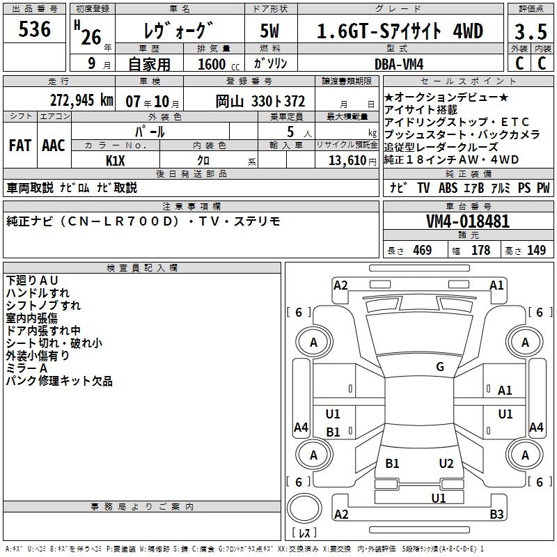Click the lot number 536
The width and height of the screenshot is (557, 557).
tap(35, 29)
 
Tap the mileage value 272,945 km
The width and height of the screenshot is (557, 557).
tap(82, 100)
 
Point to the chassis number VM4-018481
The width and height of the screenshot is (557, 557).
tap(467, 222)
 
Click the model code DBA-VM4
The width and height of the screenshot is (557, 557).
tap(399, 64)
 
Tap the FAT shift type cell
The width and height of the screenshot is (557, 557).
tap(19, 146)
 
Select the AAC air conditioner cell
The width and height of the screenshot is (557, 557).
tap(54, 146)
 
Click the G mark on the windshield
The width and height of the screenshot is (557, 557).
tap(439, 367)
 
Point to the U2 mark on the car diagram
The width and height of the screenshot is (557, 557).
tap(446, 464)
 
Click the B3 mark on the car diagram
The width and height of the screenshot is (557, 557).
tap(496, 515)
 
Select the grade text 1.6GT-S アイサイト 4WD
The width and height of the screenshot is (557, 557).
tap(400, 31)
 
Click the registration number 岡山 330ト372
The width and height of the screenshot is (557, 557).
tap(260, 101)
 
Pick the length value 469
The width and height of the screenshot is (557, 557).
tap(421, 250)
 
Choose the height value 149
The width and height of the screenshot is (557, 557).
tap(536, 250)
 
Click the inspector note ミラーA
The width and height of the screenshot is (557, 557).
tap(26, 368)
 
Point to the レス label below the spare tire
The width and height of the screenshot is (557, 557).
tap(304, 534)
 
